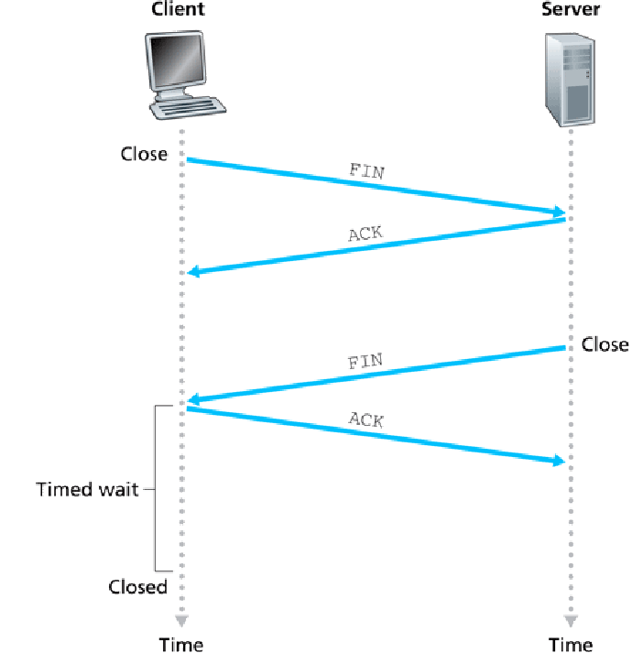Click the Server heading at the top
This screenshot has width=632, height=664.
tap(571, 10)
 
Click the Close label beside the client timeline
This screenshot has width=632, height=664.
tap(144, 153)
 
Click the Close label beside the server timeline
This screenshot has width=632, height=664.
tap(605, 344)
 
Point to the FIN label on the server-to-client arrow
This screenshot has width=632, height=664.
tap(365, 360)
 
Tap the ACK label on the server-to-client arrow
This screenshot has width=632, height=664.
tap(365, 234)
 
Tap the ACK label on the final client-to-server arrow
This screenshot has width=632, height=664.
tap(366, 420)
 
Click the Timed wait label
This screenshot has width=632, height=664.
tap(87, 489)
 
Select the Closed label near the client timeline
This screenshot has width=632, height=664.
tap(138, 587)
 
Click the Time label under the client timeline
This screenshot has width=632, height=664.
tap(181, 645)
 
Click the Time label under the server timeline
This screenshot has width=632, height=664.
tap(572, 645)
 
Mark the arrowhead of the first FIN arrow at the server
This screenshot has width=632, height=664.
tap(559, 212)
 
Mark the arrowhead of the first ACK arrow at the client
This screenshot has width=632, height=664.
tap(193, 271)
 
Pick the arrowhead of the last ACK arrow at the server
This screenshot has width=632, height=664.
tap(559, 461)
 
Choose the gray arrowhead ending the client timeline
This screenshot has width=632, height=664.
tap(181, 619)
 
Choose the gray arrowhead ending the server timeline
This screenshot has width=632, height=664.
tap(572, 619)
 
